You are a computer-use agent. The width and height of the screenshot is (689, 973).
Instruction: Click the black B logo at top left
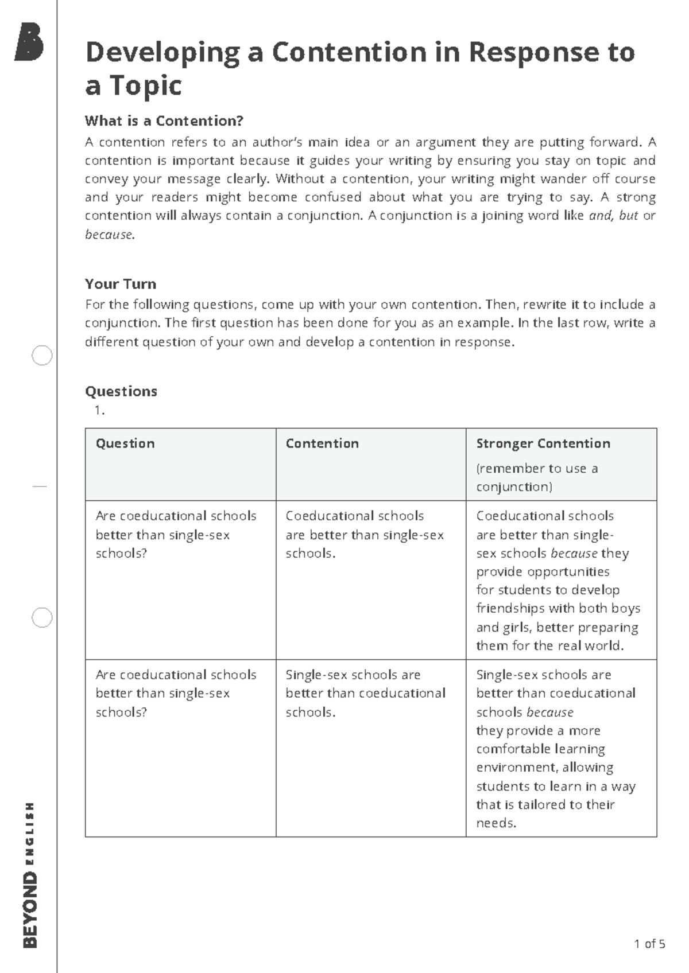click(29, 42)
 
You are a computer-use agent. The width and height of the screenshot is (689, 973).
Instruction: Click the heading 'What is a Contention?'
click(164, 121)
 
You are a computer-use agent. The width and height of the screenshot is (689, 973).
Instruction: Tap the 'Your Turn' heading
click(121, 284)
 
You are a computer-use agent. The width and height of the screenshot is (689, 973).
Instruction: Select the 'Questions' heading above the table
click(121, 391)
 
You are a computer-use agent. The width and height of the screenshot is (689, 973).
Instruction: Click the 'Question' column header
click(125, 443)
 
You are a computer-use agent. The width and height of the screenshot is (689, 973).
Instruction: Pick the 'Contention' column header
click(322, 443)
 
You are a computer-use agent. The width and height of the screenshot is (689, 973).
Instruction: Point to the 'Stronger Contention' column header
click(543, 443)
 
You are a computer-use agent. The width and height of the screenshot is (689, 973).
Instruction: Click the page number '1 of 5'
click(649, 944)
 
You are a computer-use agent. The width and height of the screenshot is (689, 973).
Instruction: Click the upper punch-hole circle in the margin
click(42, 356)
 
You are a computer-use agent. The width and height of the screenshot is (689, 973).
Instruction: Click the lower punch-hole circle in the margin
click(42, 618)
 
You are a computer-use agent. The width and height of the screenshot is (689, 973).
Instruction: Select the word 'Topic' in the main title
click(146, 86)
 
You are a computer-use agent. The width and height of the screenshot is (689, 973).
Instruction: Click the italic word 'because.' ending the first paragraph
click(110, 234)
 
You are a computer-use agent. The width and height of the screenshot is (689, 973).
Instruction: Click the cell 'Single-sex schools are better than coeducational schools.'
click(365, 693)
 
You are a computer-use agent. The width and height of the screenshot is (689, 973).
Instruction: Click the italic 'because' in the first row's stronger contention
click(574, 554)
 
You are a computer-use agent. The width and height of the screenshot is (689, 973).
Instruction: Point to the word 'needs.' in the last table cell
click(496, 823)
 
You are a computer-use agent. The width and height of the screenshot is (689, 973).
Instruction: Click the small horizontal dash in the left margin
click(40, 487)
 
